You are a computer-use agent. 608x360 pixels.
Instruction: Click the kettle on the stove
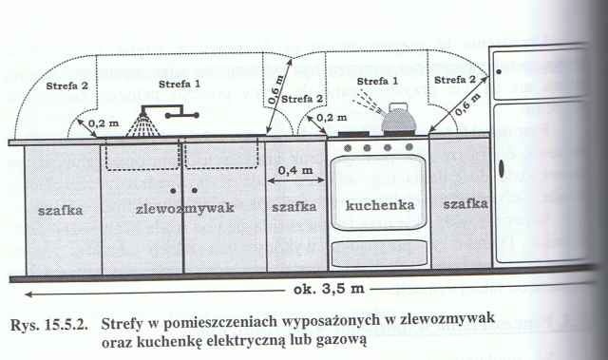396,121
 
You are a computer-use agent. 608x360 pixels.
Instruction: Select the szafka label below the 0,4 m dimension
294,205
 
